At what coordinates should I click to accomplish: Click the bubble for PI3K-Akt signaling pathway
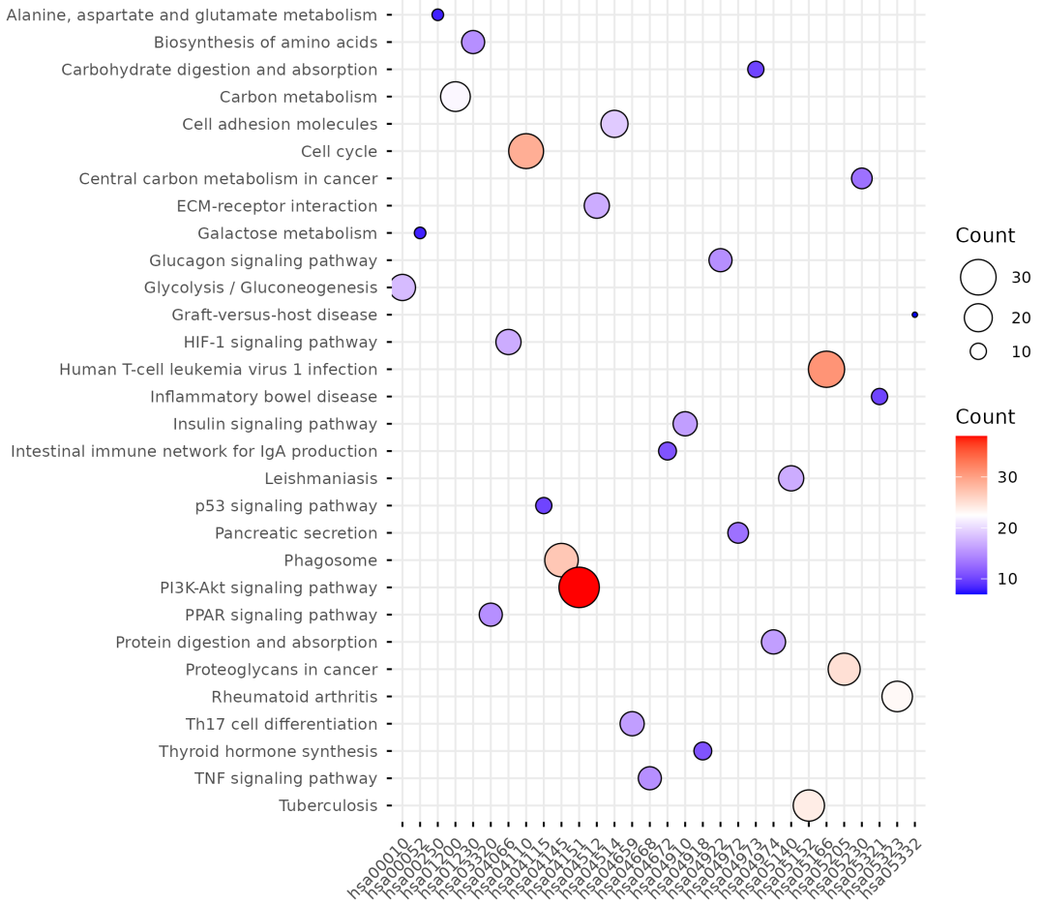(579, 588)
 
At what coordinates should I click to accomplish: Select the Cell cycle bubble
(525, 151)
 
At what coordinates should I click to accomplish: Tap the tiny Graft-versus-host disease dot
(914, 315)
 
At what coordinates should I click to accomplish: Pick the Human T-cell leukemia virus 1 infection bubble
(825, 369)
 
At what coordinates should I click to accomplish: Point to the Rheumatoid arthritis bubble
(897, 696)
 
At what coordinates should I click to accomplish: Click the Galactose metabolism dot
(420, 233)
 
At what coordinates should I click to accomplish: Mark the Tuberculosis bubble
(808, 805)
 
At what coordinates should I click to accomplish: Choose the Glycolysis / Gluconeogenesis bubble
(402, 287)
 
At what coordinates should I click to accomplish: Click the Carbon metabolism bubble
(455, 97)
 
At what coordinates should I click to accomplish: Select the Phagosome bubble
(561, 559)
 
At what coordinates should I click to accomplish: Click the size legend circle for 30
(978, 278)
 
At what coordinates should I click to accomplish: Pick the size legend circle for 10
(978, 351)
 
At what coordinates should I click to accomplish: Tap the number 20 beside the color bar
(1007, 528)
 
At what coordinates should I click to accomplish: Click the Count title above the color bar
(985, 417)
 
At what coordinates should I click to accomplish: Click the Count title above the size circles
(985, 235)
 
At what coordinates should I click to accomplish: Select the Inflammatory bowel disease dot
(879, 397)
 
